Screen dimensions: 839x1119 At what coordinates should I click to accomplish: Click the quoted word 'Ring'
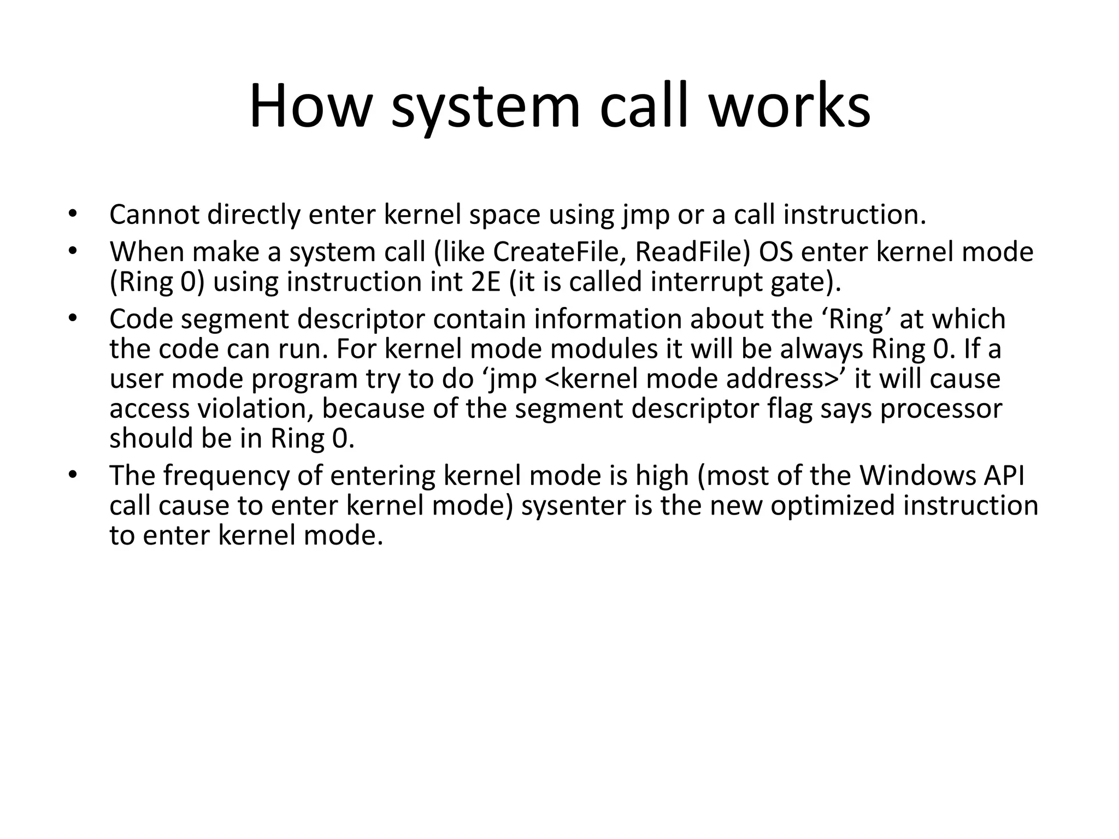tap(856, 319)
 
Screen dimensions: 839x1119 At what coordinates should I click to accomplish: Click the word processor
tap(941, 409)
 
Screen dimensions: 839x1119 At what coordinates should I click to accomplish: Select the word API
tap(1004, 476)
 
